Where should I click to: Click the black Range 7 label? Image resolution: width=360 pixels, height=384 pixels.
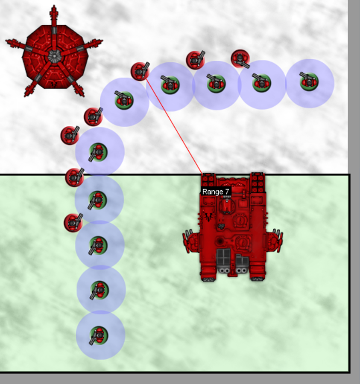coord(216,192)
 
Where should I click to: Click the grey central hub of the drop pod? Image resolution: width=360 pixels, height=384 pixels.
coord(54,56)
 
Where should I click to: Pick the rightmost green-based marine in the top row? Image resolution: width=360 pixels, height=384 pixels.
coord(309,82)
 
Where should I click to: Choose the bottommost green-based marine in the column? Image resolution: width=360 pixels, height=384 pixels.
coord(99,335)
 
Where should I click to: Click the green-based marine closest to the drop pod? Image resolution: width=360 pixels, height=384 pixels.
coord(124,100)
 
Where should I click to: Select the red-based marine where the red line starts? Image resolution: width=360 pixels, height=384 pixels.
coord(140,71)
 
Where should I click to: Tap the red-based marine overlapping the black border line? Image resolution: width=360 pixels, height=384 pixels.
coord(75,177)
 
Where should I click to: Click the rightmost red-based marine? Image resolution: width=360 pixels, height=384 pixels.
coord(240,59)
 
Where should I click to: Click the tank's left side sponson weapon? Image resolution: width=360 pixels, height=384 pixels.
coord(191,241)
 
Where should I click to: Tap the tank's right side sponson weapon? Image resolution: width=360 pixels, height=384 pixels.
coord(275,241)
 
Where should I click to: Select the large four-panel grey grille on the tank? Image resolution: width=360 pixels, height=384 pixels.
coord(223,257)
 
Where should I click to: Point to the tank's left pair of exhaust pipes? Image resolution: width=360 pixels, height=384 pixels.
coord(224,271)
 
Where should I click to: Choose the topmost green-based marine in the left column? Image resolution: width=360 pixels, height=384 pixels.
coord(98,152)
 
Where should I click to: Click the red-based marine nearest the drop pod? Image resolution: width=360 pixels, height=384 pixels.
coord(93,117)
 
